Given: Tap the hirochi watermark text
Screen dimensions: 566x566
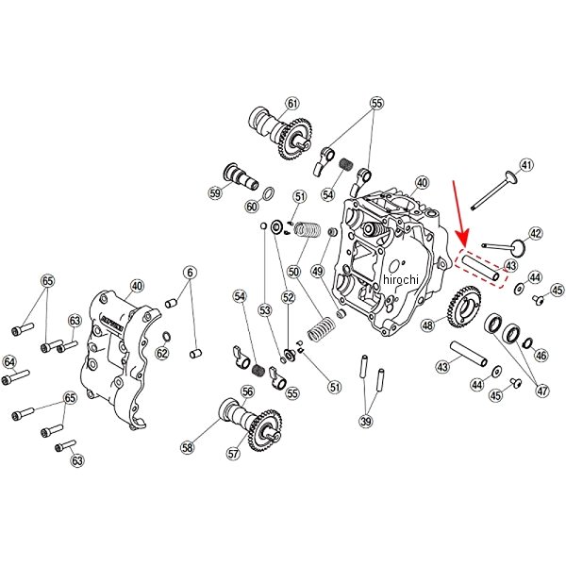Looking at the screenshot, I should [x=403, y=280].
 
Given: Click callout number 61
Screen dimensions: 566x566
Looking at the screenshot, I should [x=291, y=104].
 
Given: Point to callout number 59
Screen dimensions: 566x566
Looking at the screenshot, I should [x=216, y=193].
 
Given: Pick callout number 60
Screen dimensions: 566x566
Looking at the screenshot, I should [x=251, y=207].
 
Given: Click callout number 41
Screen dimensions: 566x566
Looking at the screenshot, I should [x=526, y=165].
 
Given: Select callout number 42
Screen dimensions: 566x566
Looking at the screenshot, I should [x=535, y=233].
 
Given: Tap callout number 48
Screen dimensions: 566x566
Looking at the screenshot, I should [x=428, y=325].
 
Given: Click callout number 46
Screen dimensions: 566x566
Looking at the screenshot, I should [x=541, y=356].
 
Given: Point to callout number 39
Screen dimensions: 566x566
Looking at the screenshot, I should [x=367, y=422].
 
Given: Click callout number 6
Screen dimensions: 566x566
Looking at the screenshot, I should [x=190, y=273].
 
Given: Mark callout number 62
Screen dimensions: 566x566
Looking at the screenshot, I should [x=162, y=354].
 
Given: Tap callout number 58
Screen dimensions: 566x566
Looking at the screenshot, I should [x=187, y=448].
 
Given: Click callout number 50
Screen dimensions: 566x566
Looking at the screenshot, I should [x=293, y=272].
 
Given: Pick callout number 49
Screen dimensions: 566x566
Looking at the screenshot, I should [x=317, y=272].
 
